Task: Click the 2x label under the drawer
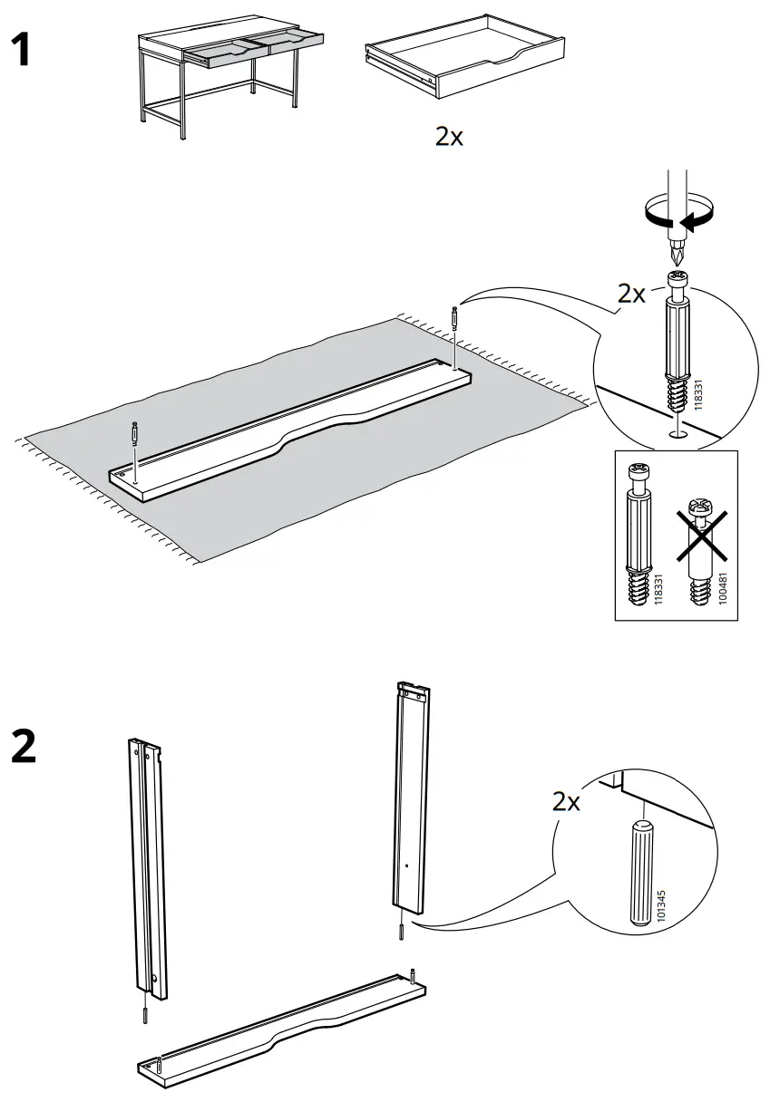[449, 137]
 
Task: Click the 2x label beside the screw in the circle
[633, 294]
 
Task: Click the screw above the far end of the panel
[453, 320]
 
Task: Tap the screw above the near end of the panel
[134, 433]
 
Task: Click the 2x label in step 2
[566, 802]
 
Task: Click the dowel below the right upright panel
[400, 931]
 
